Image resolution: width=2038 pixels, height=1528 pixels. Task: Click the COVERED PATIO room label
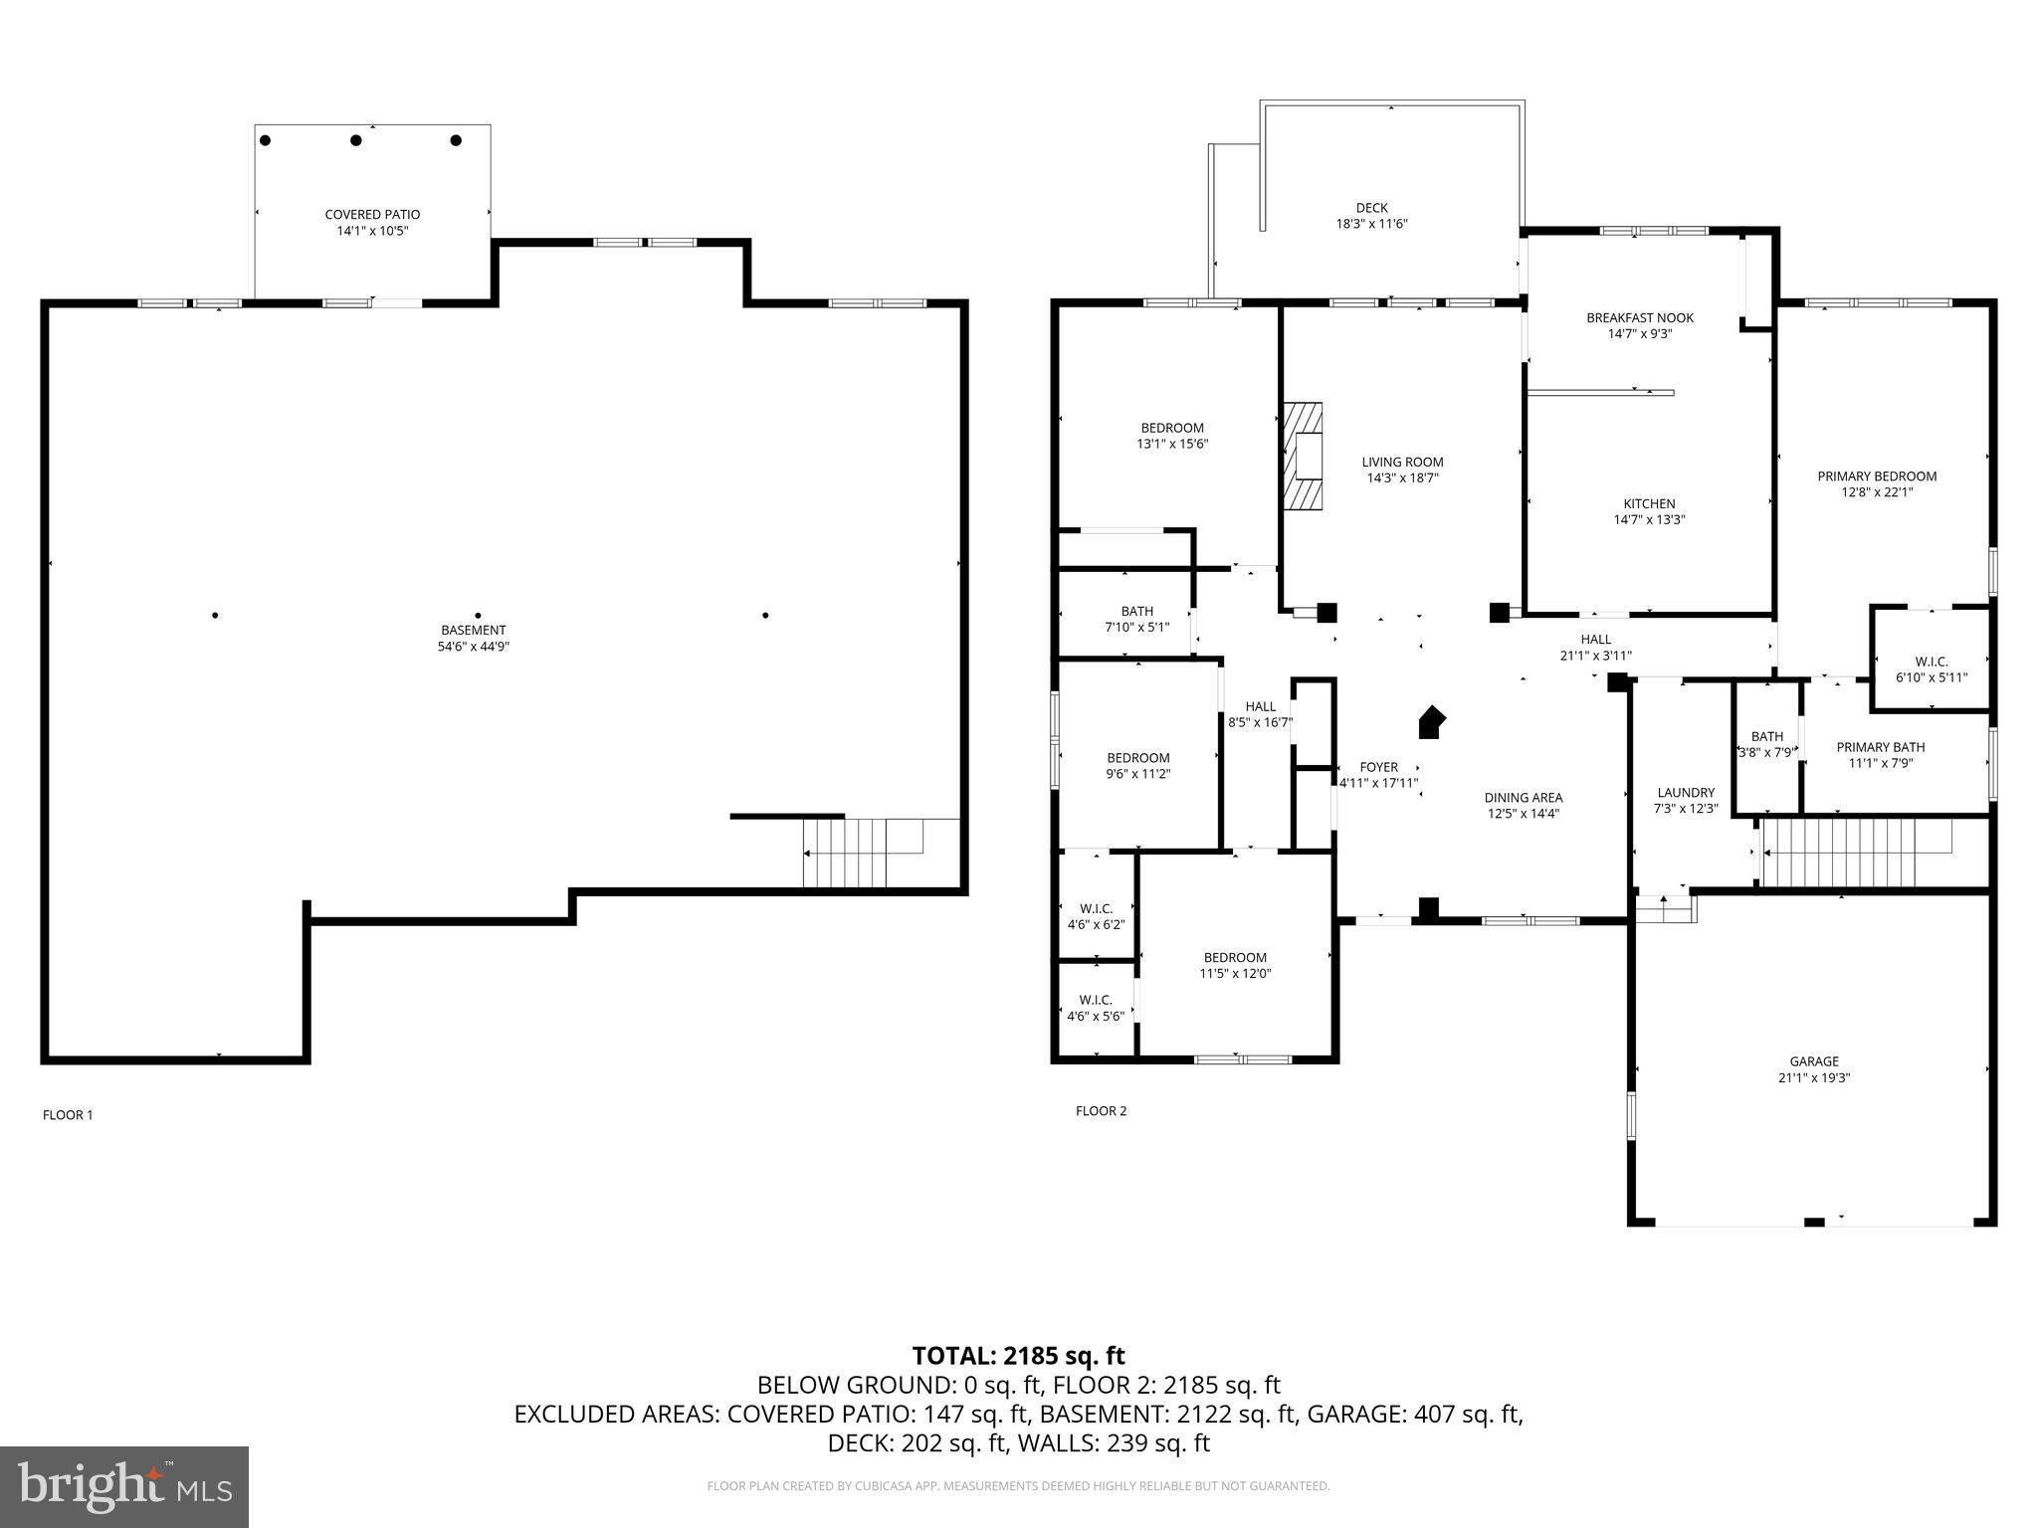coord(372,215)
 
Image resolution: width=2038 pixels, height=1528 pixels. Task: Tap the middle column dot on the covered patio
coord(355,140)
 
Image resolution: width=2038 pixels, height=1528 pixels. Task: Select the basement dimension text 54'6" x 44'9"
coord(474,647)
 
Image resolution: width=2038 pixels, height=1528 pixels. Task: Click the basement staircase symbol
coord(862,853)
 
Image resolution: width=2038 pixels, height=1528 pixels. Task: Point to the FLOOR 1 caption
coord(68,1115)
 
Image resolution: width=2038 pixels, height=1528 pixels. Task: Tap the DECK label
coord(1371,208)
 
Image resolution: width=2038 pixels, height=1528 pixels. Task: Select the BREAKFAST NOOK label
coord(1639,318)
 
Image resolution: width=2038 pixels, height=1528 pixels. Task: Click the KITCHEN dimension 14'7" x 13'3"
coord(1649,519)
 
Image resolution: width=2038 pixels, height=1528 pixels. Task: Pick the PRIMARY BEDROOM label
coord(1877,477)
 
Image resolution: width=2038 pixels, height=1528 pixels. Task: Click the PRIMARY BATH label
coord(1880,747)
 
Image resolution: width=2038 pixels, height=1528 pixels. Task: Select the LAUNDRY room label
coord(1686,793)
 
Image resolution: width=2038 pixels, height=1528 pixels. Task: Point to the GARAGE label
coord(1814,1061)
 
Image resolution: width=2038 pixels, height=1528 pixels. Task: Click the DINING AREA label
coord(1523,798)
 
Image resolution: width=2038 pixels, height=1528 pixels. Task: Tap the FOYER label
coord(1378,767)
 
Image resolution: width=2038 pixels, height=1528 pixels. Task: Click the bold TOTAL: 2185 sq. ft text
coord(1018,1356)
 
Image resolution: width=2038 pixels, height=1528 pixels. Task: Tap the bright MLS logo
coord(124,1486)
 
